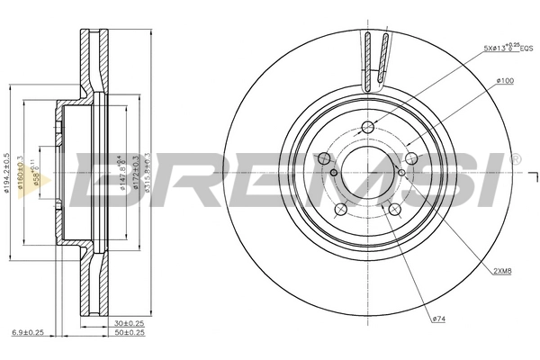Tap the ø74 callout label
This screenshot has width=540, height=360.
click(x=439, y=319)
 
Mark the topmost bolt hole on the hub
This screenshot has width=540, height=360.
click(x=367, y=127)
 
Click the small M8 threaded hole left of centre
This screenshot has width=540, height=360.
click(x=334, y=173)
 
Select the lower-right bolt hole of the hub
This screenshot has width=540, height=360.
click(x=393, y=210)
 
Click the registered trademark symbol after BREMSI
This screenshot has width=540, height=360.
click(x=515, y=159)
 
